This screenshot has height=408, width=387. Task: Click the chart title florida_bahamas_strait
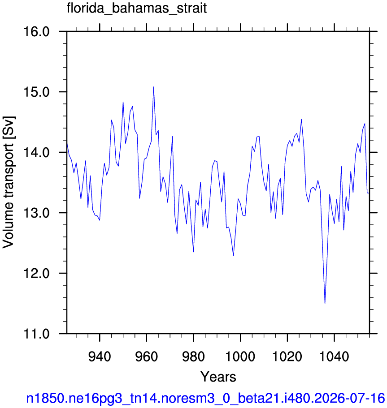(137, 9)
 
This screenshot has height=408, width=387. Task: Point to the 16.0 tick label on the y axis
(36, 32)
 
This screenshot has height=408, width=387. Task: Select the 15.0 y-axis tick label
(36, 92)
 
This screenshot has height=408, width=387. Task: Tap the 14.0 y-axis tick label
(36, 152)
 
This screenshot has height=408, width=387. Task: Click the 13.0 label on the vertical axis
(36, 213)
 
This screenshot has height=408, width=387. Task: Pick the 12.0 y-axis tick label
(36, 274)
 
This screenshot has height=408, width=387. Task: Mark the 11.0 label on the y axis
(36, 334)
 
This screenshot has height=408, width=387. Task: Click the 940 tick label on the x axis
(100, 356)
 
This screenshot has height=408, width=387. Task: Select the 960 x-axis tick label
(147, 356)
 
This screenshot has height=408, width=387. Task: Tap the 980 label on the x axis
(193, 356)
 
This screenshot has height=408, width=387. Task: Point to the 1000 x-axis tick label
(240, 356)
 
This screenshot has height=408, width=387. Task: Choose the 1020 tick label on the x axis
(287, 356)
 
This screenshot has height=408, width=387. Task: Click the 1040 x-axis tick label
(334, 356)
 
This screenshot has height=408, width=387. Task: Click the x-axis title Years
(218, 377)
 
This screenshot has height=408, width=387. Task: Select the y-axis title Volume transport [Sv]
(9, 182)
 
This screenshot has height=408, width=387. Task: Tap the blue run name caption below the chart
(206, 398)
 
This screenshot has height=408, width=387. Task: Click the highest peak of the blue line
(153, 87)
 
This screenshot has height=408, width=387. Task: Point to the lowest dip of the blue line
(325, 303)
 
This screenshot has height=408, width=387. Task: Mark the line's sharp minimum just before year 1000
(233, 256)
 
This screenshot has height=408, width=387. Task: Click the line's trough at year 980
(193, 252)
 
